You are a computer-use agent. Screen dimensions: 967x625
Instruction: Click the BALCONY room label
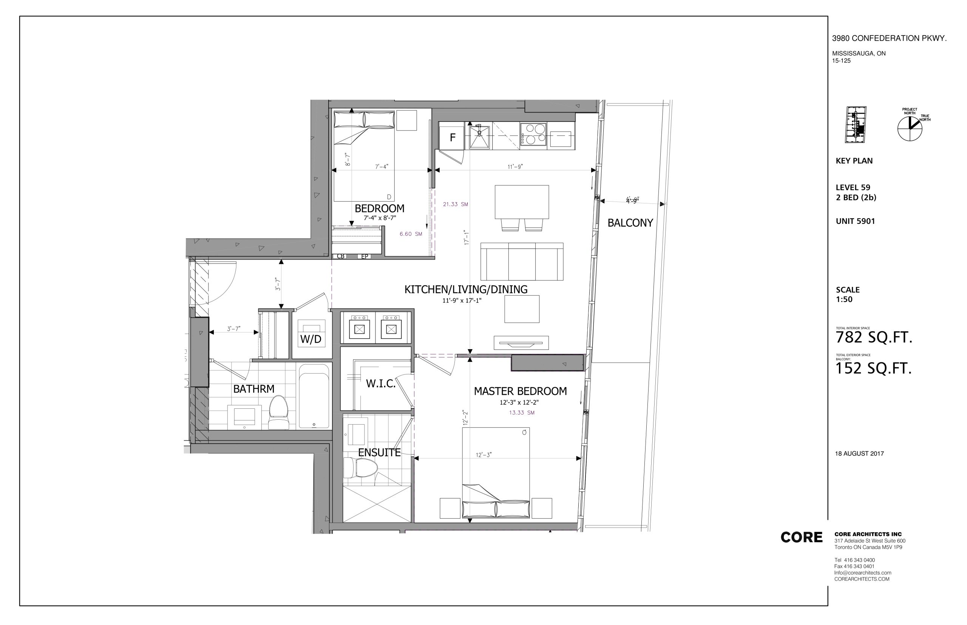click(630, 223)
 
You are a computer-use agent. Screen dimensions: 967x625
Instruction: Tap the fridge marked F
click(453, 136)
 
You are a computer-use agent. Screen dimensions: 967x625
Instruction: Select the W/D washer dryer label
click(311, 339)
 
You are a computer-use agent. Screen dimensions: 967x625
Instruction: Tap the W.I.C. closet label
click(380, 383)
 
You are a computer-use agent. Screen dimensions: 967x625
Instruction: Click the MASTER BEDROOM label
click(520, 391)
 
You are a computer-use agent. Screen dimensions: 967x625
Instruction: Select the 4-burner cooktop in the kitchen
click(533, 134)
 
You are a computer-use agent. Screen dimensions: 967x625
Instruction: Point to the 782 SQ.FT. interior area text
click(874, 338)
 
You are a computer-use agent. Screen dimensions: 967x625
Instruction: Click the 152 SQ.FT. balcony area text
click(873, 368)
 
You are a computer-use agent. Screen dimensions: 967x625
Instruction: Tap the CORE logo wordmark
click(801, 537)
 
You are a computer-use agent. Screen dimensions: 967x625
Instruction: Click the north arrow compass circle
click(910, 129)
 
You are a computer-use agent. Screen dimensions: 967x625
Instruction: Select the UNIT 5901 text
click(855, 221)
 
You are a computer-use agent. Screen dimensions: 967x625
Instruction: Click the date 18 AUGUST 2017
click(859, 454)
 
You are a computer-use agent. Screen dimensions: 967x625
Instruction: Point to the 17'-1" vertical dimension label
click(467, 237)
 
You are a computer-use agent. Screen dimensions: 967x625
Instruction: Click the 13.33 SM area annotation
click(522, 413)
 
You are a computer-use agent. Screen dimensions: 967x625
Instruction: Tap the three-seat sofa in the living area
click(522, 262)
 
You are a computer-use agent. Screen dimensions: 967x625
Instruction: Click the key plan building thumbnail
click(855, 125)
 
